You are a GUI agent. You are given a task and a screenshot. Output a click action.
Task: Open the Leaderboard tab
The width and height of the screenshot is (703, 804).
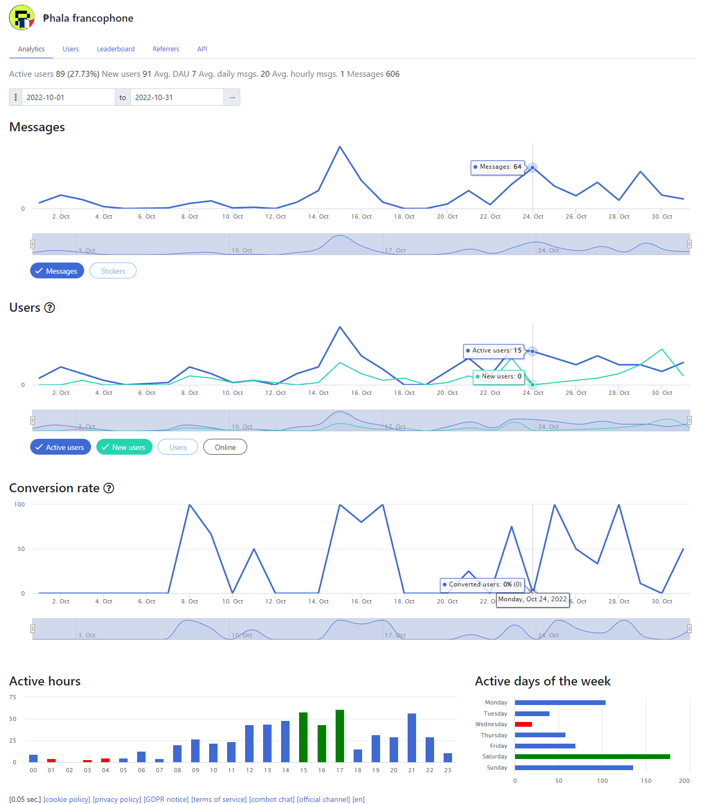tap(115, 49)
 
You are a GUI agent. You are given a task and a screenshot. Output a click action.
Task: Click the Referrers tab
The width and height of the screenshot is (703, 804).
tap(166, 49)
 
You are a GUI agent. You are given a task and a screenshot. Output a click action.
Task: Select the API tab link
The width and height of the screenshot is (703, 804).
tap(202, 49)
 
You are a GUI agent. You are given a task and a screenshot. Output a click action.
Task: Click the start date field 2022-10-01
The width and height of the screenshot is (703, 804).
tap(68, 97)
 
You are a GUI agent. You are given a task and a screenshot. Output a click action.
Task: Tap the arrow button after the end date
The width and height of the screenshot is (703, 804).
tap(232, 97)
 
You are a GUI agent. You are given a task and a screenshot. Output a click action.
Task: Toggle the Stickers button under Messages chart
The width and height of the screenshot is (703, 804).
tap(113, 271)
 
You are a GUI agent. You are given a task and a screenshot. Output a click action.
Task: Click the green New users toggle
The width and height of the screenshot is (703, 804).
tap(124, 447)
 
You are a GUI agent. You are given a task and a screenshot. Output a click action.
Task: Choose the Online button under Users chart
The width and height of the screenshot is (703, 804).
tap(225, 447)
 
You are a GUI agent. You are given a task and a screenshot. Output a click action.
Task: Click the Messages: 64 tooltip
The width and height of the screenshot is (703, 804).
tap(498, 167)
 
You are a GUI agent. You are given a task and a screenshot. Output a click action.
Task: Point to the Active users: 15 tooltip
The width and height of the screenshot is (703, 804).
tap(494, 350)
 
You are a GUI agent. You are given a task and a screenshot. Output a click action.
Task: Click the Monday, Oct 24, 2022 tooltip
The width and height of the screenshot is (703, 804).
tap(533, 600)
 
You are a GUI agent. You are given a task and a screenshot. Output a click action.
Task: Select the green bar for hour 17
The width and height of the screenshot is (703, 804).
tap(340, 736)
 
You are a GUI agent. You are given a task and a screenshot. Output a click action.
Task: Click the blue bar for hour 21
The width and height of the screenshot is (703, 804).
tap(412, 738)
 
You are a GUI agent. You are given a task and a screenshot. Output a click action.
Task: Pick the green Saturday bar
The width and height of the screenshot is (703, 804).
tap(592, 756)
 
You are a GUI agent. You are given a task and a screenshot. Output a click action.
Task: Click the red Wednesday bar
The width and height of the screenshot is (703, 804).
tap(524, 724)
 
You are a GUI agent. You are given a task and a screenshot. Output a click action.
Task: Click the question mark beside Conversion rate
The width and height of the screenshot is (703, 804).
tap(109, 488)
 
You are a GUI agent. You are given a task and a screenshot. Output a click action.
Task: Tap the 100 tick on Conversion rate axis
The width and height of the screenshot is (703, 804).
tap(20, 504)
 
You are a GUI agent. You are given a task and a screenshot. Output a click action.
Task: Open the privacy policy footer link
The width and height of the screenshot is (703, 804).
tap(116, 799)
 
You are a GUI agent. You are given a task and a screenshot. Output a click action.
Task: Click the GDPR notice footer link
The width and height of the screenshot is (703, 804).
tap(166, 799)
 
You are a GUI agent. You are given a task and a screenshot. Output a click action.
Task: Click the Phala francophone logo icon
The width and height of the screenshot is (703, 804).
tap(22, 17)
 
